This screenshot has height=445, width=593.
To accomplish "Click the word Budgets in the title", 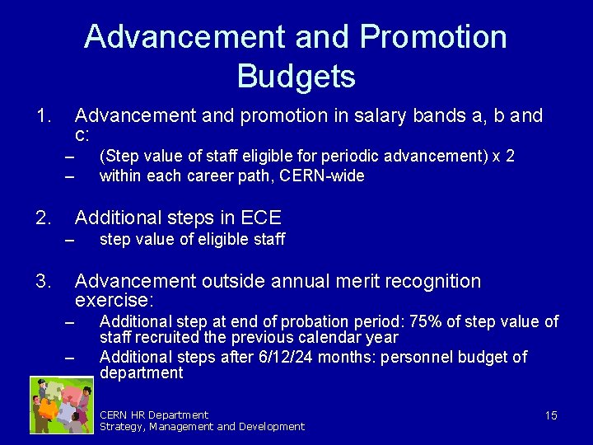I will click(x=296, y=77).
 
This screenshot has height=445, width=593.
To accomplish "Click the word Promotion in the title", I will click(x=433, y=37).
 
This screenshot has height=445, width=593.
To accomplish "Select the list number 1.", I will click(x=44, y=116).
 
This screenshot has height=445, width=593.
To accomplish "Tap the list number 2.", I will click(x=44, y=218).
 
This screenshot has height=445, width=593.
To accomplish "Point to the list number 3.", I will click(x=44, y=282).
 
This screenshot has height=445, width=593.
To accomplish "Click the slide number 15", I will click(x=550, y=415).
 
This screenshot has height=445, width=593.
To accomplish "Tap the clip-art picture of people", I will click(x=60, y=405).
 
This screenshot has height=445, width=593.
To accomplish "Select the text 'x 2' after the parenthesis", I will click(x=503, y=157).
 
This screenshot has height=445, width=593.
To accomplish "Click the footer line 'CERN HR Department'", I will click(x=154, y=415).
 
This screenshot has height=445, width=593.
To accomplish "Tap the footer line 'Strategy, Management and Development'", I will click(x=202, y=427).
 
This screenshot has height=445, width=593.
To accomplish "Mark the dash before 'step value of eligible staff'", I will click(x=69, y=241).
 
